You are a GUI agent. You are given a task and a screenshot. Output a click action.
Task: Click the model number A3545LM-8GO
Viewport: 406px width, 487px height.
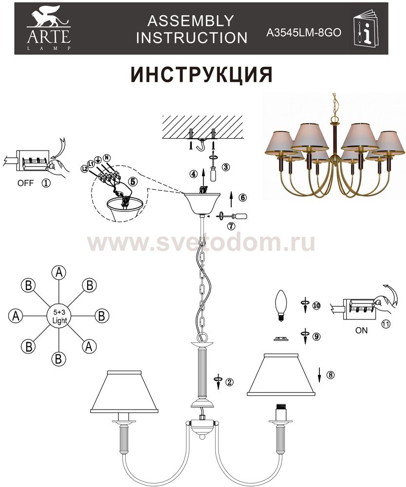pos(304,33)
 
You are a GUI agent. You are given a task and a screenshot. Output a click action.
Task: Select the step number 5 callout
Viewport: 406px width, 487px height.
pos(133,182)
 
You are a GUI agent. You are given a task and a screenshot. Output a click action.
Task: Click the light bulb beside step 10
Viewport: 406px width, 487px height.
pos(281,306)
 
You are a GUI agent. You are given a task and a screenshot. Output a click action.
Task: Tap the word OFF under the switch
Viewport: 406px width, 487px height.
pos(25,183)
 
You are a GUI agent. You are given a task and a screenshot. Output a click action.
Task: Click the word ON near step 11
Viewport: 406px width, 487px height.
pos(361,331)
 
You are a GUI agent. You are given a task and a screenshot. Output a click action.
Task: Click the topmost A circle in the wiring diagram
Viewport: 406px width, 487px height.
pos(59,272)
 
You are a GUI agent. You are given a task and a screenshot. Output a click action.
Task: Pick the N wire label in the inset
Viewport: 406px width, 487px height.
pos(108,157)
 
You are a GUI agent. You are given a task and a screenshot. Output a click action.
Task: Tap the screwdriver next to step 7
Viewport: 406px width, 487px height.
pos(233,216)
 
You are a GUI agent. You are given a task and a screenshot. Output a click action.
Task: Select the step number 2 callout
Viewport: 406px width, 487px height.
pos(229,382)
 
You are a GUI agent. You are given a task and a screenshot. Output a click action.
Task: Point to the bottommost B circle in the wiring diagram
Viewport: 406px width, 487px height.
pos(59,359)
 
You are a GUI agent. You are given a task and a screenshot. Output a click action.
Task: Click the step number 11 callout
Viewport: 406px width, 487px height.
pos(385,324)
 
